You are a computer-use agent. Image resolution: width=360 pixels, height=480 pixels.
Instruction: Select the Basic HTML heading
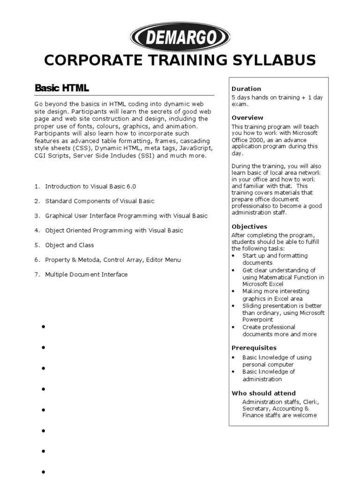[x=62, y=88]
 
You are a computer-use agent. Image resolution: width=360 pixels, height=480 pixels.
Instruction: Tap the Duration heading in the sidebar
[x=246, y=89]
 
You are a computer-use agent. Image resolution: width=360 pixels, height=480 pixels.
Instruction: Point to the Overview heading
[x=247, y=118]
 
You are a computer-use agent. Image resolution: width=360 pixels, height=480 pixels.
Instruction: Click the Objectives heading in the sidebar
[x=249, y=226]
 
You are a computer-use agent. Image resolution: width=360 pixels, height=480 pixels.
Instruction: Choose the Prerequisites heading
[x=254, y=348]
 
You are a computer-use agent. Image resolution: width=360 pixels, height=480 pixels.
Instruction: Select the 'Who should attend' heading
[x=264, y=393]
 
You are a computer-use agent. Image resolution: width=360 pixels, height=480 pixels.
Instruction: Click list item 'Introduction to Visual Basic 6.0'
[x=90, y=187]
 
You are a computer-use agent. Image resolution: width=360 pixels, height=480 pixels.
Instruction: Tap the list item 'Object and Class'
[x=69, y=245]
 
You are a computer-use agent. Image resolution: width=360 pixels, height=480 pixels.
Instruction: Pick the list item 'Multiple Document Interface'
[x=86, y=275]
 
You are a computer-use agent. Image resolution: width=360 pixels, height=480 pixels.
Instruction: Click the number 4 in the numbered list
[x=36, y=231]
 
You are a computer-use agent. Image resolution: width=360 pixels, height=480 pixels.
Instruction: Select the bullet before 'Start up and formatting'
[x=234, y=256]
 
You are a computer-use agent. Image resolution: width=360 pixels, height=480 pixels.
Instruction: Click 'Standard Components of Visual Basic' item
[x=100, y=201]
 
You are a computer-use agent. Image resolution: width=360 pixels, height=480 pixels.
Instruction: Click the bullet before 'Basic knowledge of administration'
[x=234, y=372]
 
